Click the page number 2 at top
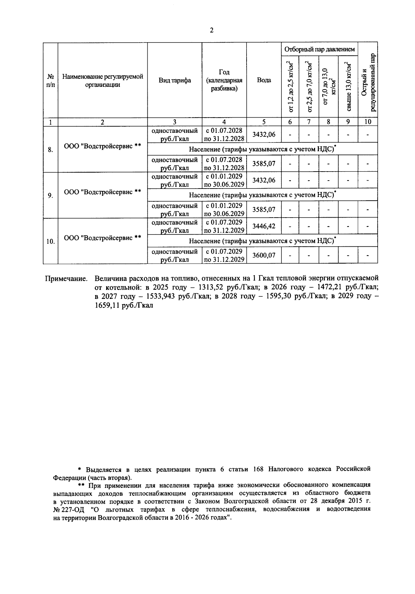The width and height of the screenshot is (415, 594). coord(211,30)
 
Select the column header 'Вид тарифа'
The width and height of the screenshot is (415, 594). coord(175,80)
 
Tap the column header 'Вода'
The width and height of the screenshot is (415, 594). coord(264,80)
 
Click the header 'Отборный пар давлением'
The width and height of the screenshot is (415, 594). coord(319,49)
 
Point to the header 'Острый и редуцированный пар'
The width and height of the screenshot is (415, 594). coord(368,83)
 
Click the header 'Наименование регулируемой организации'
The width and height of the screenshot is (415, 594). coord(103,80)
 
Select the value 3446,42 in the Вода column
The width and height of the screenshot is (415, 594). coord(264,226)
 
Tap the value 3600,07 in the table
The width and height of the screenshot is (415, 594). coord(264,255)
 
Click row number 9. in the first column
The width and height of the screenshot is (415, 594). coord(50,195)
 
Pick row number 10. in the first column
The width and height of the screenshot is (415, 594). coord(50,241)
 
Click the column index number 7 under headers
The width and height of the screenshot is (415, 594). coord(309,122)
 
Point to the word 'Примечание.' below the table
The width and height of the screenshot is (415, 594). coord(66,278)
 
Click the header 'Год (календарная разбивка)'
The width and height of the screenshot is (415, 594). coord(224,80)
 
